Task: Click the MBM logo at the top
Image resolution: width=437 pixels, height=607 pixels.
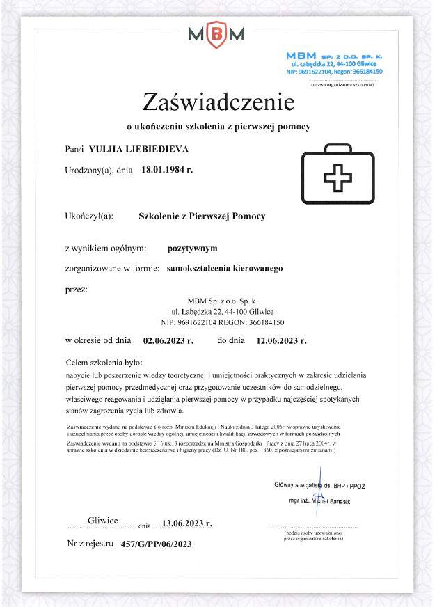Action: pyautogui.click(x=216, y=33)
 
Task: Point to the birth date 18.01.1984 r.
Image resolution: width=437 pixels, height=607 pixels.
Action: pyautogui.click(x=167, y=169)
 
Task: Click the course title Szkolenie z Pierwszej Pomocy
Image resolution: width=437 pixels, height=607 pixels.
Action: pyautogui.click(x=202, y=216)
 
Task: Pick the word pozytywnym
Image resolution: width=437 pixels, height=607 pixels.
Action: pyautogui.click(x=193, y=247)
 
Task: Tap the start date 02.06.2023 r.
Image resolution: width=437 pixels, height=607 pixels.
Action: pyautogui.click(x=168, y=340)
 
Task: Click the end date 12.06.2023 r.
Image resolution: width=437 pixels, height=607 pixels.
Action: pyautogui.click(x=282, y=340)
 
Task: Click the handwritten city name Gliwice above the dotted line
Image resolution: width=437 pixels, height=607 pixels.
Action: pyautogui.click(x=103, y=521)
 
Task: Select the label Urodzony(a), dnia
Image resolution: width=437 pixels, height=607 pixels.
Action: pyautogui.click(x=98, y=170)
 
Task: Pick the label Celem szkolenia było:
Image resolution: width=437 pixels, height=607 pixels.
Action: pyautogui.click(x=103, y=363)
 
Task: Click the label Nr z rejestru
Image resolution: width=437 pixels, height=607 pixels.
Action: pyautogui.click(x=90, y=544)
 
